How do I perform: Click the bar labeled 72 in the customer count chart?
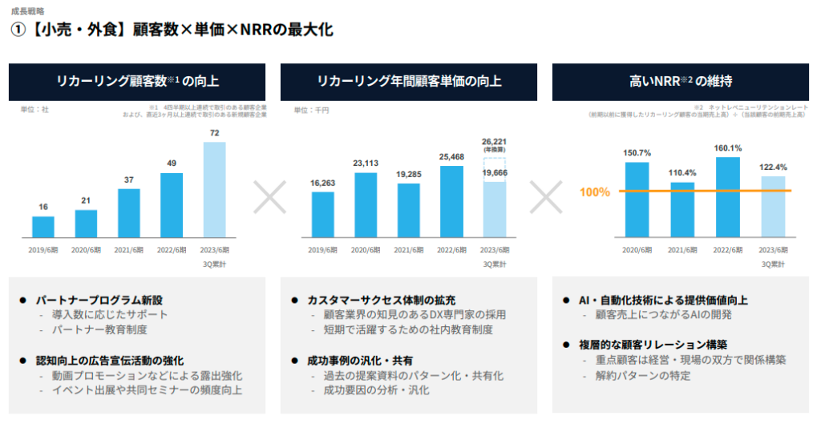point(214,190)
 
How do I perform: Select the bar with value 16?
point(43,227)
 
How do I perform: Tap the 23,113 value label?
point(366,164)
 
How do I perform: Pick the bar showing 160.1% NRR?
point(727,197)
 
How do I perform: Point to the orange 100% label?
point(595,192)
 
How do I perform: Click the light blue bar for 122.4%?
point(773,207)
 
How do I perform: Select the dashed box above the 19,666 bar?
point(494,170)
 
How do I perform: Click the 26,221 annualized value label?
point(494,142)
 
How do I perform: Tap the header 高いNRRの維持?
point(680,81)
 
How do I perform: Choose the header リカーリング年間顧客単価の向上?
point(409,81)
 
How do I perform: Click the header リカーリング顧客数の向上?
point(137,81)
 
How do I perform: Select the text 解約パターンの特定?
point(637,375)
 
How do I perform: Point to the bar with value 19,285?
point(409,211)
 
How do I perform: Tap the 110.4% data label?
point(682,173)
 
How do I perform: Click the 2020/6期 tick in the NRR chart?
point(637,250)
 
